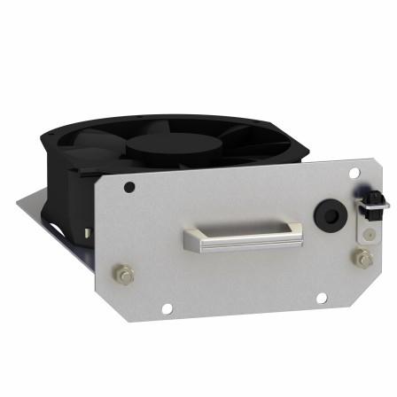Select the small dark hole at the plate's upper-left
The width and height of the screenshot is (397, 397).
click(130, 188)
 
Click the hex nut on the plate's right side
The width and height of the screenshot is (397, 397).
click(361, 259)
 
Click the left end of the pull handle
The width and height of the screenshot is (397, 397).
click(192, 238)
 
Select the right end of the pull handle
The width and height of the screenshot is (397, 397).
click(295, 233)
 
